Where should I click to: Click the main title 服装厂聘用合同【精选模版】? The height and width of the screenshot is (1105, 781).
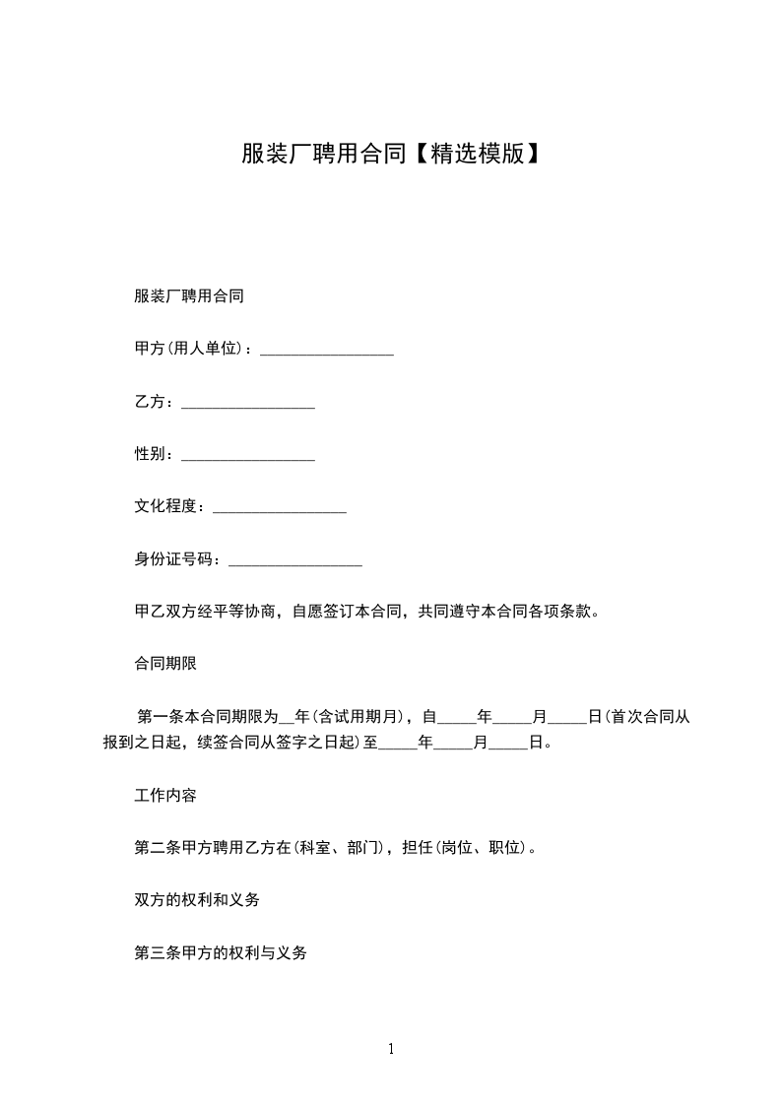pyautogui.click(x=390, y=154)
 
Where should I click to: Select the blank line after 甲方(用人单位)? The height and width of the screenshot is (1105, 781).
pyautogui.click(x=326, y=352)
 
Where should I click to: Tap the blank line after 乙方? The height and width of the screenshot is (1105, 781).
pyautogui.click(x=248, y=405)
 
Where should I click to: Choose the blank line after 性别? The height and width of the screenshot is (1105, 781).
pyautogui.click(x=248, y=458)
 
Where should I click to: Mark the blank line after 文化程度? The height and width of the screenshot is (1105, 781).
pyautogui.click(x=280, y=510)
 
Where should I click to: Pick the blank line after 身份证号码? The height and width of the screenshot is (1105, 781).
pyautogui.click(x=294, y=563)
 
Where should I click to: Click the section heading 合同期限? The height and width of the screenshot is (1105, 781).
pyautogui.click(x=165, y=664)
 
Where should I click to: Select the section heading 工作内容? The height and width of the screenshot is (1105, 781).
pyautogui.click(x=165, y=795)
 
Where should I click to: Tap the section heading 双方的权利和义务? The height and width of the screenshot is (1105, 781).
pyautogui.click(x=196, y=900)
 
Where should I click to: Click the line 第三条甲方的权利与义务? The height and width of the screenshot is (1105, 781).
pyautogui.click(x=220, y=953)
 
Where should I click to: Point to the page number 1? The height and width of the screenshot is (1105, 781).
pyautogui.click(x=391, y=1050)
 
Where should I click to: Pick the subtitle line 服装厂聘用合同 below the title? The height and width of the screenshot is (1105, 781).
pyautogui.click(x=188, y=296)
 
